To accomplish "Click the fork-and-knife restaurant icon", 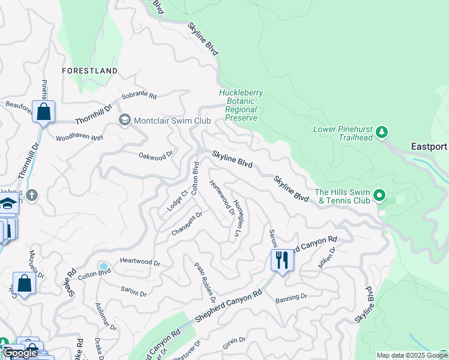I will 282,260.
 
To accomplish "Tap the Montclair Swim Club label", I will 172,120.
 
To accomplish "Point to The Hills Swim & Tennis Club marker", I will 379,195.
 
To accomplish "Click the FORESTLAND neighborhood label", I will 90,71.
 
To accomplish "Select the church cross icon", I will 32,195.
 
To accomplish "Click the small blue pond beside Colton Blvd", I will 104,266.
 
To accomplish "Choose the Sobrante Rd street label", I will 139,96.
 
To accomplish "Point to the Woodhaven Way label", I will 79,137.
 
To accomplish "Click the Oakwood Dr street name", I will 155,154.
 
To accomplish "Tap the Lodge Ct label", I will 175,202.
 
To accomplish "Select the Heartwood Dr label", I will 140,262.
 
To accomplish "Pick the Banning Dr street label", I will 291,296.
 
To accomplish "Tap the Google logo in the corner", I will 20,353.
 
